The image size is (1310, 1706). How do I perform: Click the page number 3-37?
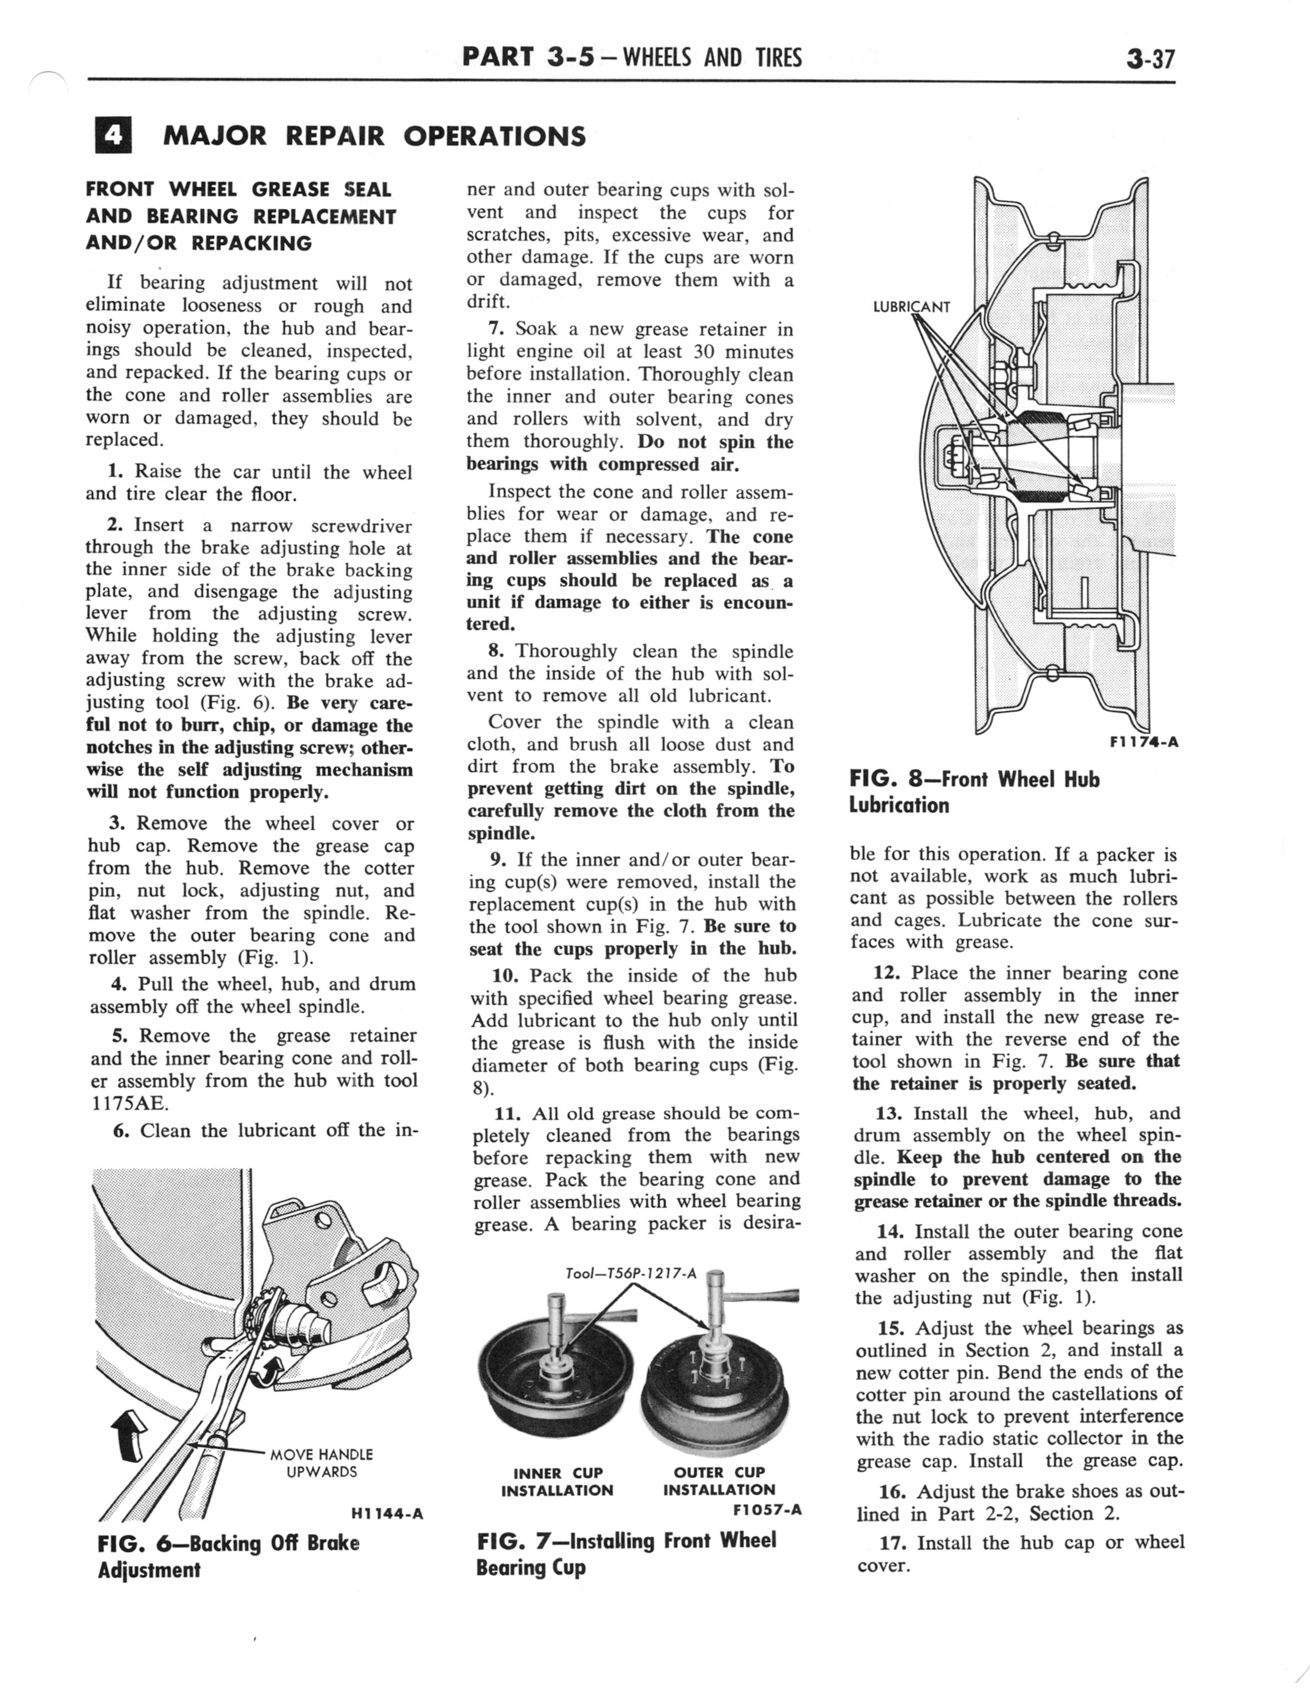(x=1149, y=59)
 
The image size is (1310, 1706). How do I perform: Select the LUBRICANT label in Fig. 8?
(x=911, y=306)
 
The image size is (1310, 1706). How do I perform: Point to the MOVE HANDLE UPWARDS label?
(x=321, y=1463)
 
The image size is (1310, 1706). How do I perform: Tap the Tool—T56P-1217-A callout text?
(x=630, y=1273)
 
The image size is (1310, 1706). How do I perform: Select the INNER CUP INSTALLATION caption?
(x=557, y=1481)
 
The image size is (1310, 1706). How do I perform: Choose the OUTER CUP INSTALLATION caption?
(x=719, y=1481)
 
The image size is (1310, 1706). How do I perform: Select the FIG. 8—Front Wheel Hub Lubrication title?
(x=974, y=792)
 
